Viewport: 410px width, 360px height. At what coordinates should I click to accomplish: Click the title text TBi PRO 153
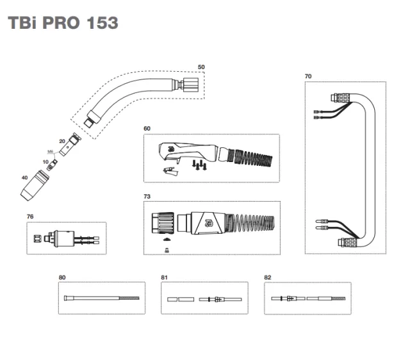click(63, 23)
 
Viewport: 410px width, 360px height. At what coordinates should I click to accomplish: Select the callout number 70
click(308, 76)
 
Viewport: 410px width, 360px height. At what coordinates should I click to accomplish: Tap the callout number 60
click(147, 129)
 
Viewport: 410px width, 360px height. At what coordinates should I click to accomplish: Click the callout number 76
click(30, 217)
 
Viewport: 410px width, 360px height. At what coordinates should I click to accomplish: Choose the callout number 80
click(61, 277)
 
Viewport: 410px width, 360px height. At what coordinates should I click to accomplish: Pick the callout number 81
click(164, 277)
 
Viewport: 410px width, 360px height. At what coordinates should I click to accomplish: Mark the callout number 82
click(268, 277)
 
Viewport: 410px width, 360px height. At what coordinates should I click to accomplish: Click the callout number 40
click(24, 177)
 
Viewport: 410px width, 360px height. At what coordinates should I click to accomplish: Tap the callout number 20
click(62, 140)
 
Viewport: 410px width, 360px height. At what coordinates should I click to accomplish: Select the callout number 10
click(45, 163)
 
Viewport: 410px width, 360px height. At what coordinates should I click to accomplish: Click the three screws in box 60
click(200, 165)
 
